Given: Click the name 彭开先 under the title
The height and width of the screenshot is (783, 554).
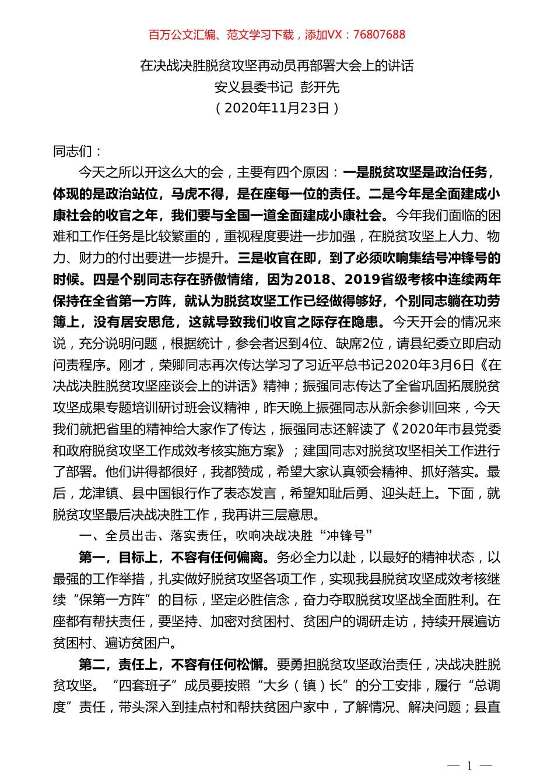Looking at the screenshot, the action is pos(320,87).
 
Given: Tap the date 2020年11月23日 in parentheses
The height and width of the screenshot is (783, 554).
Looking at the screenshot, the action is pos(277,108).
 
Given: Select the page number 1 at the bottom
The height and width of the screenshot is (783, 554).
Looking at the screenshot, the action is pos(469,766).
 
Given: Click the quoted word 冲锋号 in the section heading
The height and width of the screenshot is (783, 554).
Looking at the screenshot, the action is pos(346,536).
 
